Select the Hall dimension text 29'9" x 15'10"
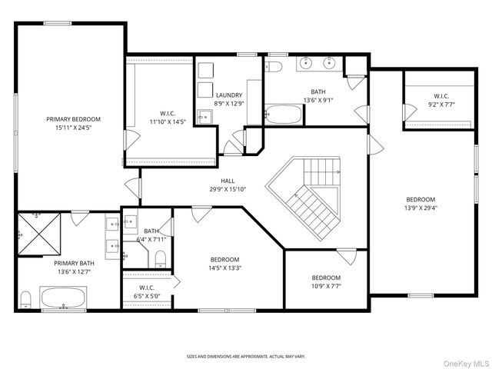228,189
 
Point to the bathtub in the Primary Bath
64,297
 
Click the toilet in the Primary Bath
25,298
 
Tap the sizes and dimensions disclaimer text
246,357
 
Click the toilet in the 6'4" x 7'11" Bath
161,260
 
